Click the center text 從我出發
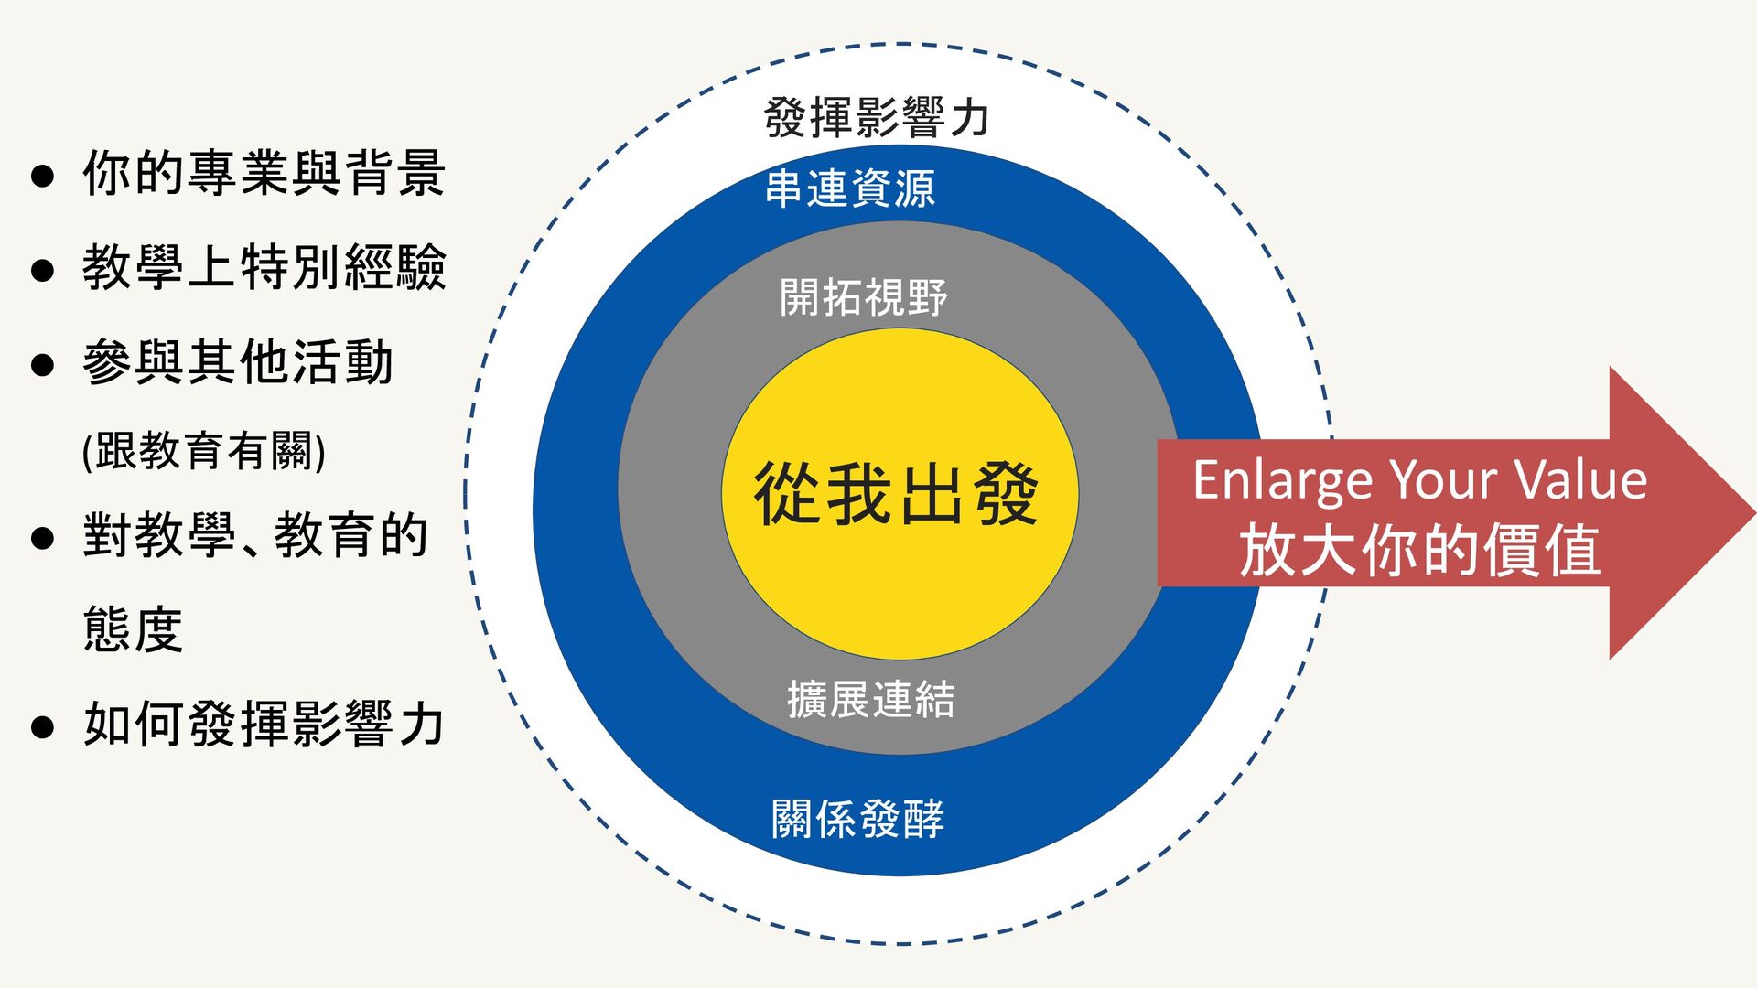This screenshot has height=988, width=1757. pyautogui.click(x=897, y=495)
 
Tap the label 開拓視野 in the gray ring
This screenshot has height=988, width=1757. pyautogui.click(x=863, y=297)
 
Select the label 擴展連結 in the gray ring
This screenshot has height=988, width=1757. pyautogui.click(x=870, y=700)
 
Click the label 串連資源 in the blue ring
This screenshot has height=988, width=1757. pyautogui.click(x=850, y=188)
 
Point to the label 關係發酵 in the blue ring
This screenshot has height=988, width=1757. pyautogui.click(x=857, y=819)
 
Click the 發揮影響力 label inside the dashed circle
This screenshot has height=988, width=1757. pyautogui.click(x=877, y=118)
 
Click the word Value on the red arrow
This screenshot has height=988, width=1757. pyautogui.click(x=1579, y=479)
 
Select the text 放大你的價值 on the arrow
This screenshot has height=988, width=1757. pyautogui.click(x=1419, y=551)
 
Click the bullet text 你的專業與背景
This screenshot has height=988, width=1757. pyautogui.click(x=264, y=173)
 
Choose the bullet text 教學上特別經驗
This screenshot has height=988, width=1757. pyautogui.click(x=264, y=267)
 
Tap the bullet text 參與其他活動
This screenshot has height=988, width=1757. pyautogui.click(x=238, y=362)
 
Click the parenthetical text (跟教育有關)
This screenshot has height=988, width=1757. pyautogui.click(x=204, y=451)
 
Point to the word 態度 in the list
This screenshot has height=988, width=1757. pyautogui.click(x=133, y=629)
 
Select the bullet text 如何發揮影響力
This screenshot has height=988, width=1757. pyautogui.click(x=264, y=725)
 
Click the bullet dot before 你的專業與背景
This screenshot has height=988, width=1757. pyautogui.click(x=42, y=176)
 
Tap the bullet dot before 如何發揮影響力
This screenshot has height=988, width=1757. pyautogui.click(x=42, y=727)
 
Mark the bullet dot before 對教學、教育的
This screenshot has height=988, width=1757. pyautogui.click(x=42, y=538)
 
